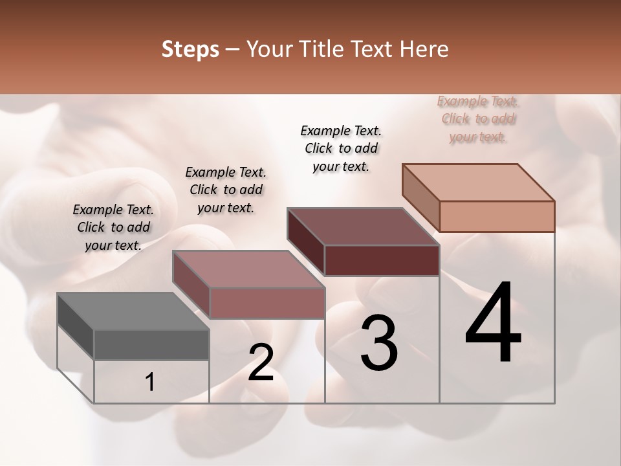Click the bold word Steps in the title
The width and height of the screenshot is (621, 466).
click(x=190, y=49)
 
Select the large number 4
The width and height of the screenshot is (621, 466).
click(x=493, y=323)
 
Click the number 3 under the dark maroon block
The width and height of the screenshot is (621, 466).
click(x=379, y=343)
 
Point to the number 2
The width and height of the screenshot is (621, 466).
click(x=261, y=362)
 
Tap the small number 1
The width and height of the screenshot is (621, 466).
click(x=149, y=383)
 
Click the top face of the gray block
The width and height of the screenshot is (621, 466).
click(x=133, y=311)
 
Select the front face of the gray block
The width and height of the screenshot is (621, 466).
click(x=151, y=345)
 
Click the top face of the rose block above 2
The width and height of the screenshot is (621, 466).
click(x=248, y=269)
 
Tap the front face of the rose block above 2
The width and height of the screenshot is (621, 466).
click(x=267, y=303)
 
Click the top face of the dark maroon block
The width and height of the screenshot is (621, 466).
click(x=364, y=227)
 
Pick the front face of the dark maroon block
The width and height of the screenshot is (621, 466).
click(x=382, y=260)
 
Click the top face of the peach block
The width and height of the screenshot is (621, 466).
click(x=479, y=182)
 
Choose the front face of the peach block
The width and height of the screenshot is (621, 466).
click(x=497, y=216)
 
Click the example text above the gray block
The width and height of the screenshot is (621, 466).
click(x=113, y=227)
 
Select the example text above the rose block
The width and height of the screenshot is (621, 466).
click(x=226, y=190)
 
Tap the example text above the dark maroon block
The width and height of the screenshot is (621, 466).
click(x=341, y=148)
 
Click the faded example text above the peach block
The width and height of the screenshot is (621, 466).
click(x=478, y=119)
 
